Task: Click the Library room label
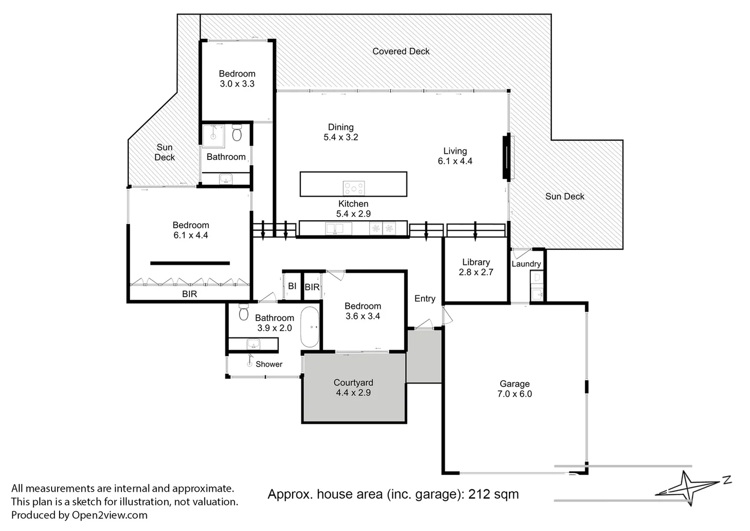tap(476, 263)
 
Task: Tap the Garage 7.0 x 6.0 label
tap(514, 389)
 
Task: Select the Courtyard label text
tap(353, 383)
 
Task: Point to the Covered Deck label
tap(401, 51)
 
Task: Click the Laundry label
tap(526, 264)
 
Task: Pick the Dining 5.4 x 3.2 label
tap(341, 132)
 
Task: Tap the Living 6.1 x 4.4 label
tap(455, 156)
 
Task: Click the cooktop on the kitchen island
tap(354, 188)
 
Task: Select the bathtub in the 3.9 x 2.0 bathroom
tap(310, 327)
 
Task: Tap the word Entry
tap(424, 298)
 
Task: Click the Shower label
tap(269, 364)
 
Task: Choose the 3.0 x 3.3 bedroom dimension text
tap(237, 84)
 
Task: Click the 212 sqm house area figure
tap(493, 494)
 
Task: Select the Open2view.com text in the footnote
tap(109, 515)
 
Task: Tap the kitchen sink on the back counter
tap(335, 228)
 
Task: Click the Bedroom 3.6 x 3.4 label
tap(362, 311)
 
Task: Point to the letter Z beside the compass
tap(727, 480)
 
